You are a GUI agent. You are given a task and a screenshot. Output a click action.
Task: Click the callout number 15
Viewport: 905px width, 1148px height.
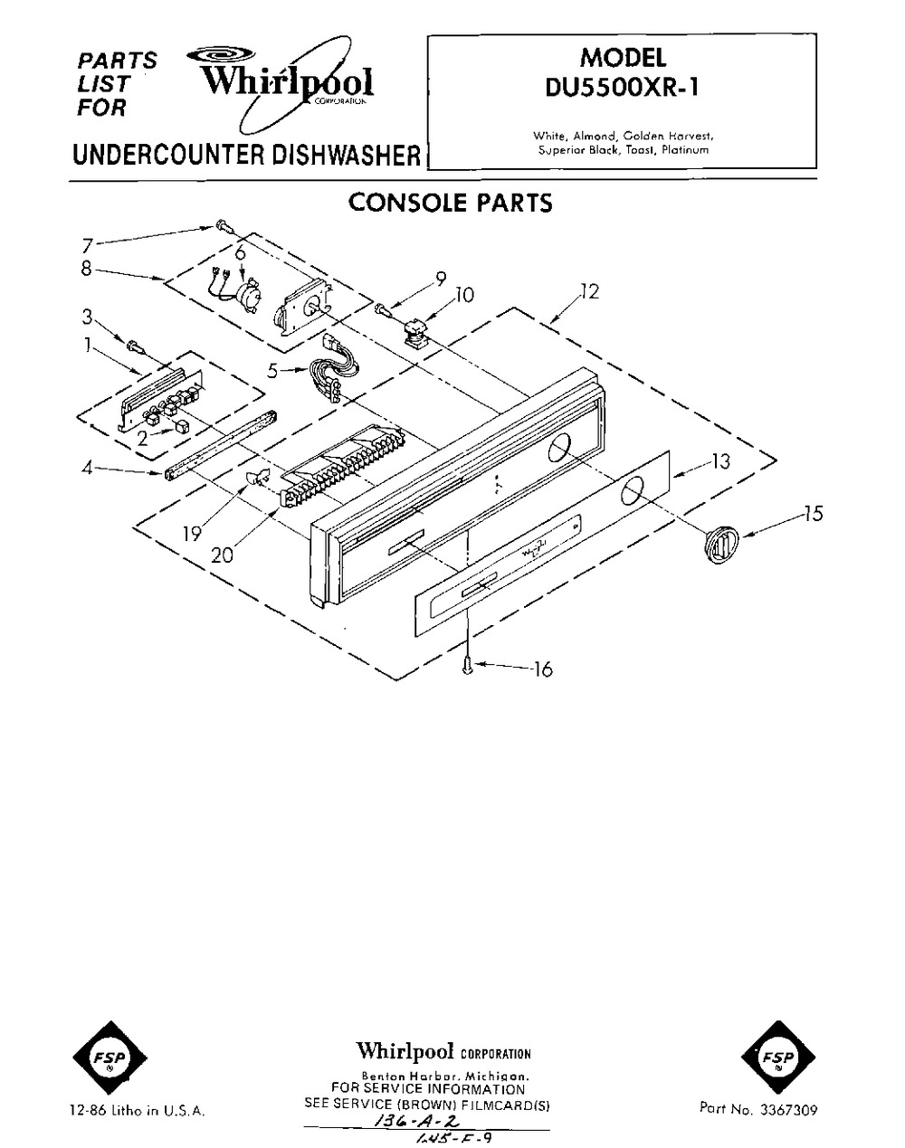[814, 514]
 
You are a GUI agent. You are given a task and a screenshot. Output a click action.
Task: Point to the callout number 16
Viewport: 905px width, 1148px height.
[542, 669]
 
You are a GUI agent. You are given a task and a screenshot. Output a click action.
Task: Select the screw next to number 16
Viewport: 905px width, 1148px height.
[467, 666]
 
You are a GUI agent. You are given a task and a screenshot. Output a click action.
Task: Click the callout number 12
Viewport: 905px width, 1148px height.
[589, 292]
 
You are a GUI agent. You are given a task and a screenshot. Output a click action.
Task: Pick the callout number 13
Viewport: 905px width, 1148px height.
[719, 462]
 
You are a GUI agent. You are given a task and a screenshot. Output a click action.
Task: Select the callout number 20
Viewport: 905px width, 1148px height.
[223, 555]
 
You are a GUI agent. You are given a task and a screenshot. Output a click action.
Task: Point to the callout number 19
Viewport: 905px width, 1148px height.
[191, 534]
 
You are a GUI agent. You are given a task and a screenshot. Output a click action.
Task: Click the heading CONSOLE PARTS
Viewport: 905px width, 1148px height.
[450, 202]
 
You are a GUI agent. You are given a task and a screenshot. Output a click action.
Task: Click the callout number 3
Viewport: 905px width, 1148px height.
[87, 317]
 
